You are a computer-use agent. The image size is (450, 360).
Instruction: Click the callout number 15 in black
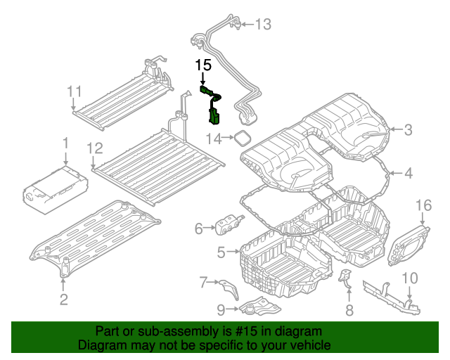pos(203,65)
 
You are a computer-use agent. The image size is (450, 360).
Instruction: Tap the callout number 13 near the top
pos(262,25)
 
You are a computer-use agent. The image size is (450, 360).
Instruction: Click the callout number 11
pos(75,91)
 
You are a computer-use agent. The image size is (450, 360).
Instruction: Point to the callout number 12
pos(94,148)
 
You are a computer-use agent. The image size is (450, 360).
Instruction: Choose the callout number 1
pos(65,143)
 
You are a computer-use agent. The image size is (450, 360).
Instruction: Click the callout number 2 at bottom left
pos(63,301)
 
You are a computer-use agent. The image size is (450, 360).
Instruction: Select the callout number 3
pos(408,129)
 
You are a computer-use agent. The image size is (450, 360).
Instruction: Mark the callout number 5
pos(221,252)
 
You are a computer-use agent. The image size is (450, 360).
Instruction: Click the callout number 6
pos(199,228)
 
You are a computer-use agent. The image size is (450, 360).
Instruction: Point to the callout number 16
pos(423,205)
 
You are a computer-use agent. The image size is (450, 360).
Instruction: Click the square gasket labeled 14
pos(243,137)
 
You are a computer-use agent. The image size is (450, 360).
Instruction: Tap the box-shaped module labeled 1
pos(56,190)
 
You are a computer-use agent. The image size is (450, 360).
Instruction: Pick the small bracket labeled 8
pos(345,278)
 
